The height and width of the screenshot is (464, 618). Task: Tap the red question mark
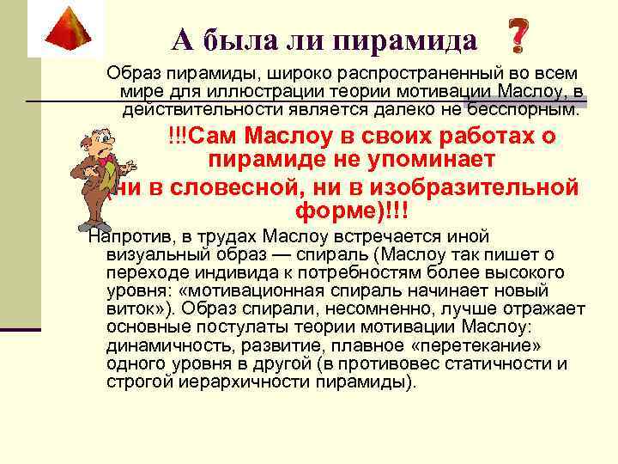[518, 35]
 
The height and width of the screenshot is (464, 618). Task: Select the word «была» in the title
[246, 39]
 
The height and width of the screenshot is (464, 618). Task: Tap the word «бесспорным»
[523, 110]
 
